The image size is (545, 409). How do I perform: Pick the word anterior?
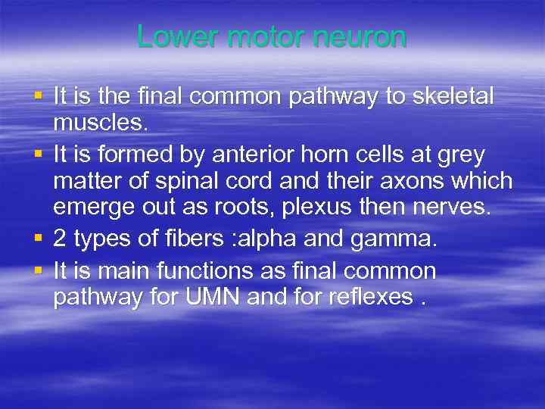[x=245, y=155]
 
